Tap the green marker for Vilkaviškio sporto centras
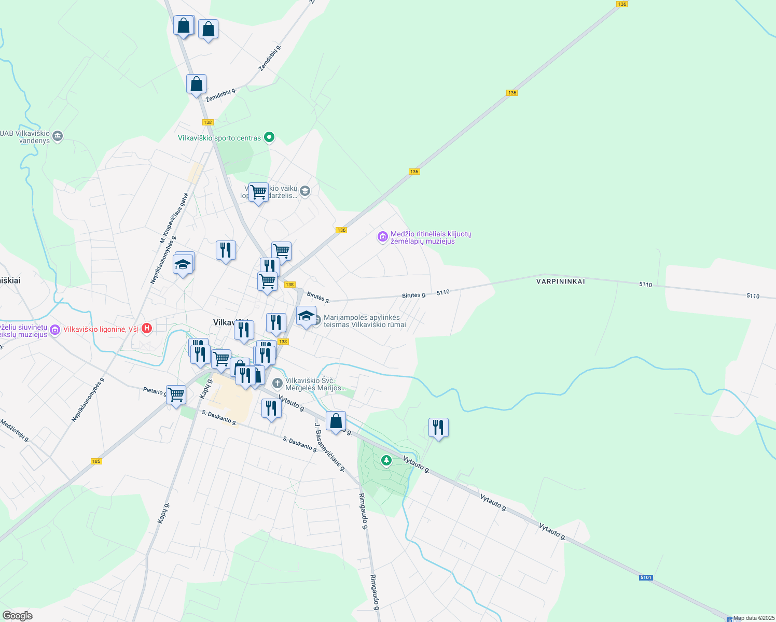click(269, 137)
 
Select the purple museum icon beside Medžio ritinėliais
click(383, 237)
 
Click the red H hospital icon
click(147, 328)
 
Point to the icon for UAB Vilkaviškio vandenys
click(58, 136)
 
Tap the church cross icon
click(278, 384)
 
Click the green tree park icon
click(386, 460)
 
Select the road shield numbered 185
click(96, 461)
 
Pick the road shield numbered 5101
click(645, 577)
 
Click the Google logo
click(18, 616)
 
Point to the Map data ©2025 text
click(754, 618)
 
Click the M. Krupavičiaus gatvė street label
click(174, 218)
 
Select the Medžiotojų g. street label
click(15, 430)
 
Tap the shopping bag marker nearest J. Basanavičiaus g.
click(336, 421)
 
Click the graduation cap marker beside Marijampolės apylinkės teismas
click(306, 316)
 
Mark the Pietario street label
click(154, 391)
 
